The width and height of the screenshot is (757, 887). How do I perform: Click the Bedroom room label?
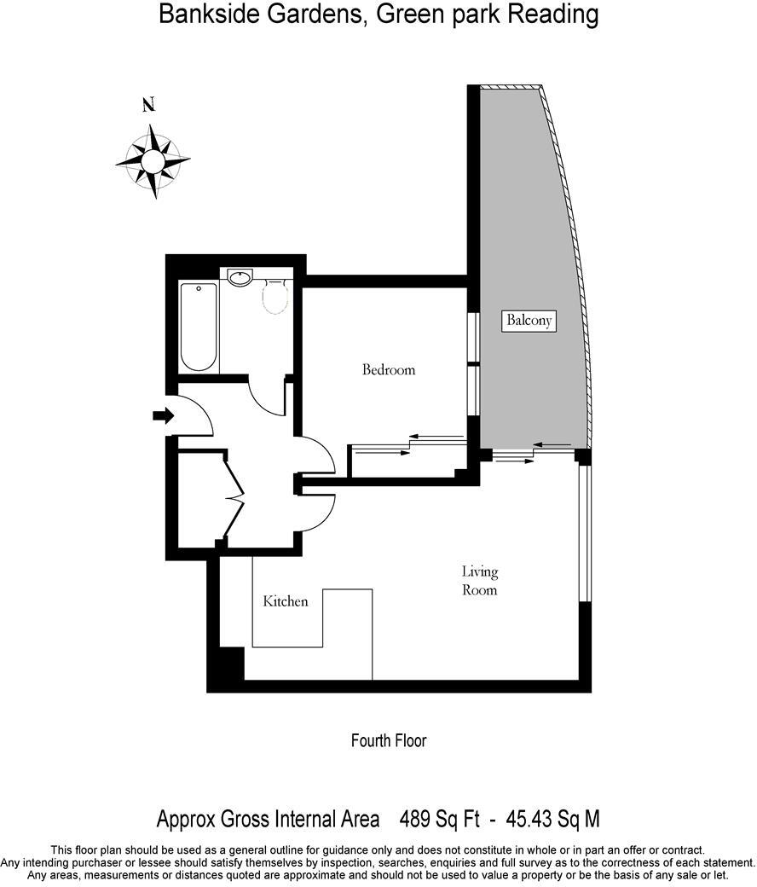(389, 370)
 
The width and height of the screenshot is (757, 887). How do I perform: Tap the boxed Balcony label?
(529, 321)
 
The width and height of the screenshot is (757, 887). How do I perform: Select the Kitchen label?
(285, 601)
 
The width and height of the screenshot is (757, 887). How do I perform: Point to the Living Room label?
(479, 581)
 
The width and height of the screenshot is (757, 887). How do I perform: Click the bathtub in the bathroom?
(199, 327)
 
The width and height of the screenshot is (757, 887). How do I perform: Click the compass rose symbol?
(153, 161)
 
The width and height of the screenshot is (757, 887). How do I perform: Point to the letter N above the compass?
(148, 106)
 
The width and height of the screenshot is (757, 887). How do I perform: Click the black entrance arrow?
(162, 415)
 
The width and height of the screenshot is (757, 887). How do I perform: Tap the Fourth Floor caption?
(389, 740)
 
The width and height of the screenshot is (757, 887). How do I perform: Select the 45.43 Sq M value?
(553, 820)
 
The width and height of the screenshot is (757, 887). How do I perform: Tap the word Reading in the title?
(554, 14)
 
